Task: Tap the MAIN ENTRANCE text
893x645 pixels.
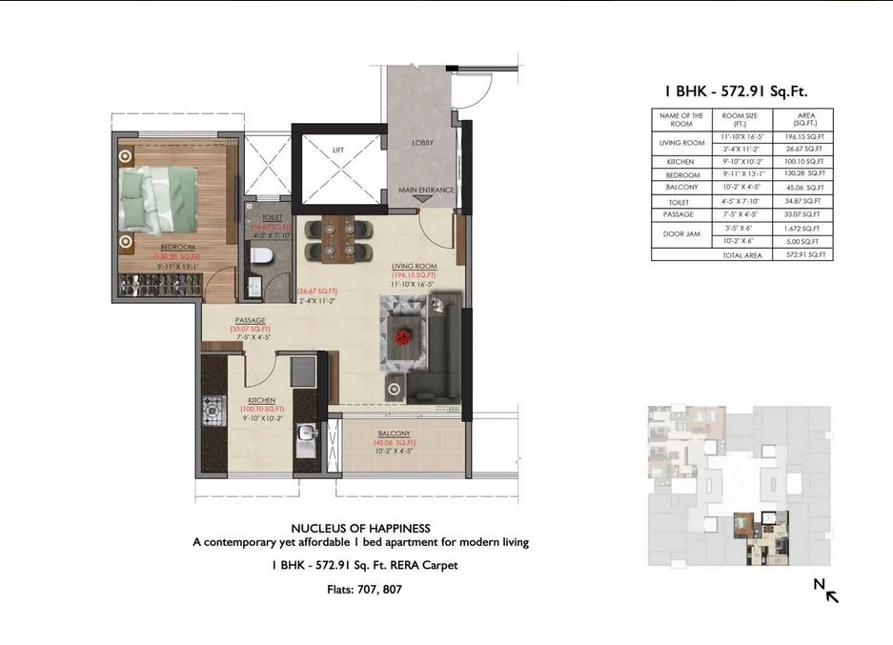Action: click(x=426, y=191)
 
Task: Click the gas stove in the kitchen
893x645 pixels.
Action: click(x=211, y=415)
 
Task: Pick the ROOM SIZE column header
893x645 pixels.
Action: click(x=740, y=119)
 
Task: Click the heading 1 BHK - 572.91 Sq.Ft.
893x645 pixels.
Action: click(x=742, y=91)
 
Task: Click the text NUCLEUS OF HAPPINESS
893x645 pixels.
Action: click(x=360, y=528)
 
